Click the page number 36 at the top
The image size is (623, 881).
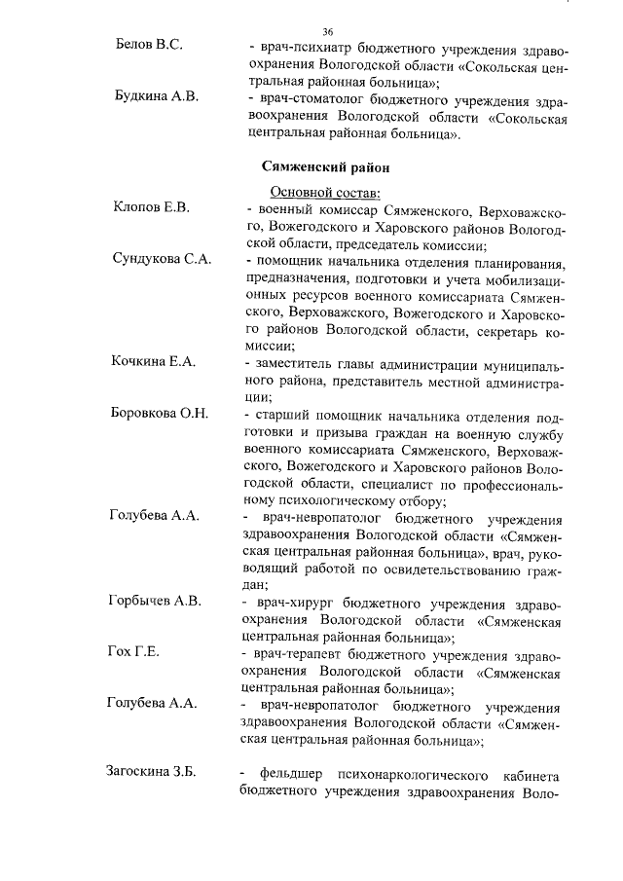tap(327, 31)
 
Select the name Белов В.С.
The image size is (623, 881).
tap(150, 46)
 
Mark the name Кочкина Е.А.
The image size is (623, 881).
tap(156, 361)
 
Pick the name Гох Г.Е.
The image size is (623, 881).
tap(133, 651)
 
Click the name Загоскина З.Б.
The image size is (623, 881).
tap(152, 772)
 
